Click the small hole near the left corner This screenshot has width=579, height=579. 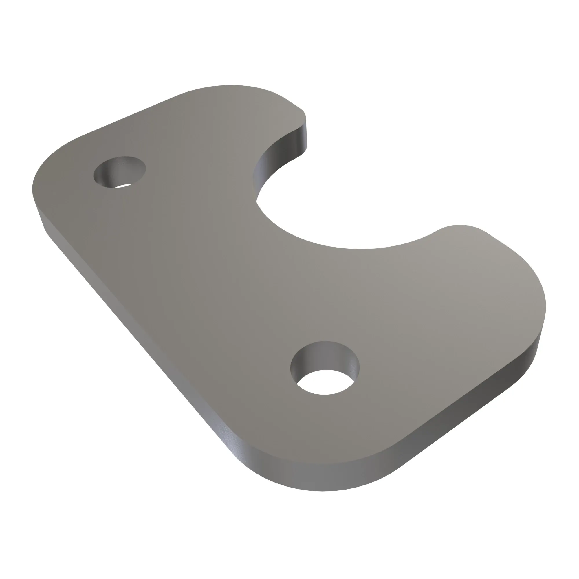click(120, 172)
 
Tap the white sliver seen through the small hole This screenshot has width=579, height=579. click(123, 186)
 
